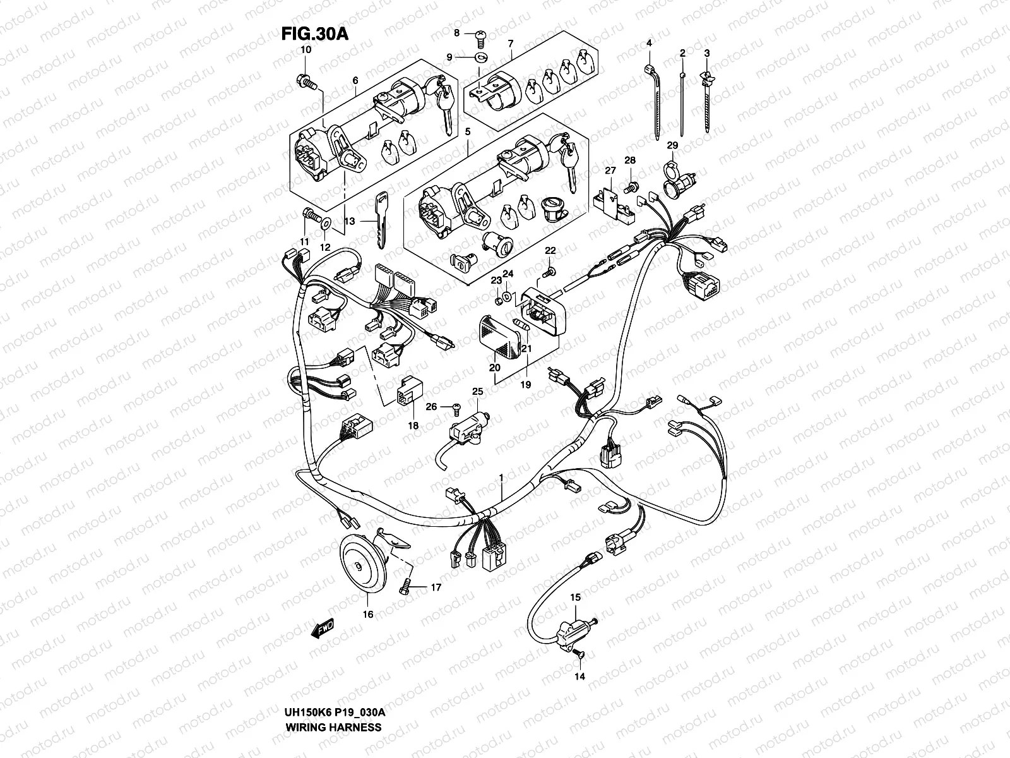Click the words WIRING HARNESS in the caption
coord(334,726)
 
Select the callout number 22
coord(550,251)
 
